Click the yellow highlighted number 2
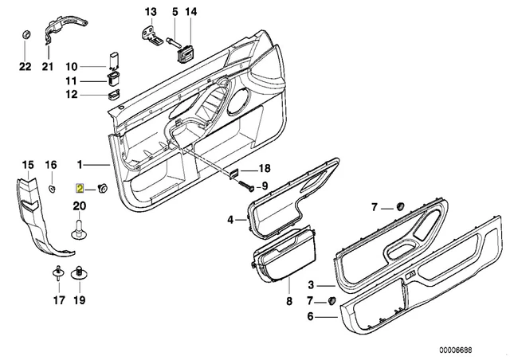coord(79,189)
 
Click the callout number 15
coord(28,165)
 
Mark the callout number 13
coord(151,11)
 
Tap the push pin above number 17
coord(58,275)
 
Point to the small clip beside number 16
coord(50,188)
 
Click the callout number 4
coord(229,219)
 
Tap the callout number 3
coord(312,284)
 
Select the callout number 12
coord(71,95)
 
